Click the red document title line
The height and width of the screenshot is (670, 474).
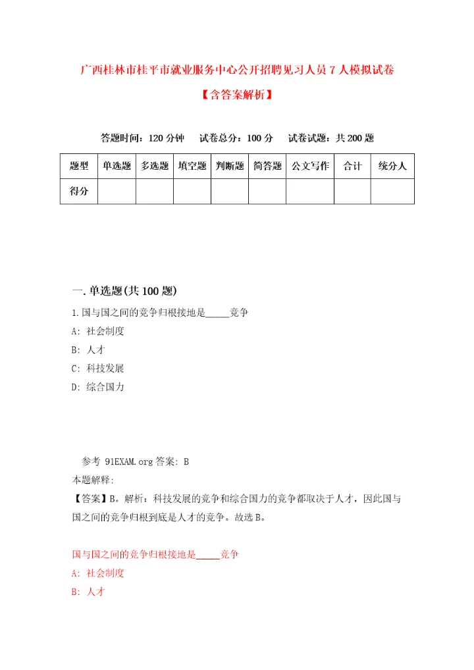coord(237,70)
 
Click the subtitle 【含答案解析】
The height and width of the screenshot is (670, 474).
coord(237,95)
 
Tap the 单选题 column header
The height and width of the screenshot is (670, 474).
coord(117,167)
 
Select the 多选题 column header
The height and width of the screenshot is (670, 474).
coord(154,167)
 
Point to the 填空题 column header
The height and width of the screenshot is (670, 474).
coord(192,167)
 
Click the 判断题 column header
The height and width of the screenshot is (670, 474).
coord(229,167)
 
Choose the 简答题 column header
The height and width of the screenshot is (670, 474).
coord(267,167)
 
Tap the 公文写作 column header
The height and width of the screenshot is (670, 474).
coord(309,167)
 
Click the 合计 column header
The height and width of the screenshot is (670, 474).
coord(352,167)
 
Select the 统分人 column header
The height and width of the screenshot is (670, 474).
coord(392,167)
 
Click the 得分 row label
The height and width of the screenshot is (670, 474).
coord(79,192)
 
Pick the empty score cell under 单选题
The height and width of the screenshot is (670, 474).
coord(117,192)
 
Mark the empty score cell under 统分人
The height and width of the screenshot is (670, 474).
coord(392,192)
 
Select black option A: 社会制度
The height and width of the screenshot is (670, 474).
coord(97,332)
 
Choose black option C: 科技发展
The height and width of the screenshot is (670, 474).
coord(97,369)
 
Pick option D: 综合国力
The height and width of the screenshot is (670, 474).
coord(97,387)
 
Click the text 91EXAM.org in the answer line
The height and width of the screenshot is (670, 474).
coord(128,461)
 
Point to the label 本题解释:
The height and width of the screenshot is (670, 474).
coord(93,480)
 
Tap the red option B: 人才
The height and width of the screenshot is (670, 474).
coord(88,592)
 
